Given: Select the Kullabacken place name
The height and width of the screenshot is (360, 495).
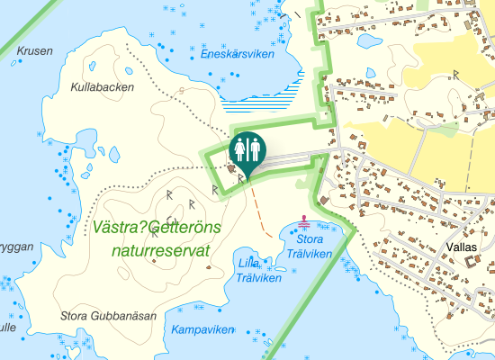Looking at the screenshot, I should [102, 88].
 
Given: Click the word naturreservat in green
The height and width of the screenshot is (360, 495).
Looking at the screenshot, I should [161, 249].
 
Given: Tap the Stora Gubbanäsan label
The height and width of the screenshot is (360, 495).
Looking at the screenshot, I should [108, 316].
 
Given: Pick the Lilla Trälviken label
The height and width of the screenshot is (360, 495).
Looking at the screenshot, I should [247, 270].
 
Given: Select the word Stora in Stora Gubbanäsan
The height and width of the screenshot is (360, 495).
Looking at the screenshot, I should [76, 316].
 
